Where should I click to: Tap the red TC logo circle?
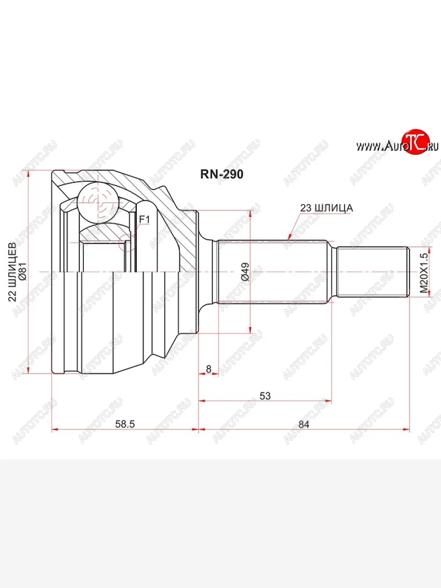coord(416,143)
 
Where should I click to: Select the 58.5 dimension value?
coord(125,424)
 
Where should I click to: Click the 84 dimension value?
coord(304,424)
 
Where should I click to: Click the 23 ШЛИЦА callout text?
coord(326,208)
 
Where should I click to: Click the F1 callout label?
coord(145,219)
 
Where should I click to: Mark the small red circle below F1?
coord(129,243)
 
